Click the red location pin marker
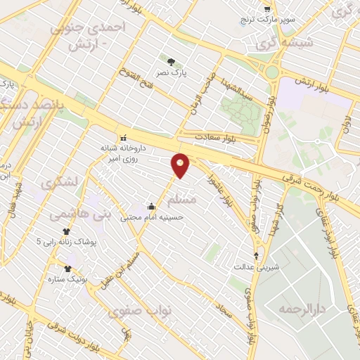point(181,165)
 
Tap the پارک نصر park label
point(172,72)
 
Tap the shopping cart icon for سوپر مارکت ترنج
point(267,9)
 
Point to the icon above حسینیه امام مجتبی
point(152,206)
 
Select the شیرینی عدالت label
point(256,267)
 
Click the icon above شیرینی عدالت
point(256,256)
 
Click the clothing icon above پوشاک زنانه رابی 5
point(67,231)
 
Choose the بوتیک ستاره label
point(68,279)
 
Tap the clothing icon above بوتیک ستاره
point(68,268)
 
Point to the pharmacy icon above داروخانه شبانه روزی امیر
point(124,138)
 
